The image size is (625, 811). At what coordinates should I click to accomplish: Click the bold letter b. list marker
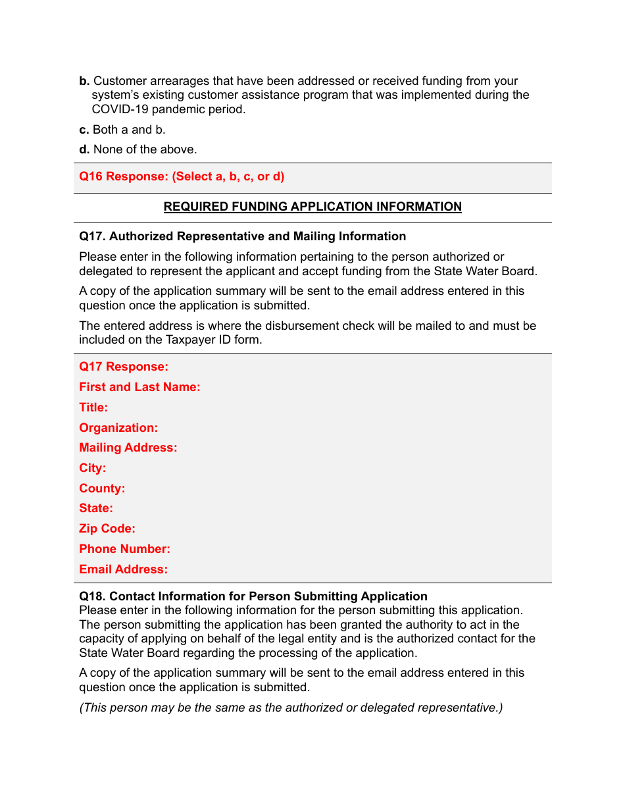coord(84,82)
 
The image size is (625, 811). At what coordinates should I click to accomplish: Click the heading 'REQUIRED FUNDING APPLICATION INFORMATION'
coord(312,207)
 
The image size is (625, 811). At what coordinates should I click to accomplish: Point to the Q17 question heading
coord(242,236)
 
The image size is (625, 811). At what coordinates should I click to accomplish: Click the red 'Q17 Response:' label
coord(124,367)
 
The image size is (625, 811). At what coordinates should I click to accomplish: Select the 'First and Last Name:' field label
coord(139,387)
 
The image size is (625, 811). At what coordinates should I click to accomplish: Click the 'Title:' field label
coord(93,407)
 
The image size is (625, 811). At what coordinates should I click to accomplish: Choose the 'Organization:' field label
coord(118,428)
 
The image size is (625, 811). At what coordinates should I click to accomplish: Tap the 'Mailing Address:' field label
coord(128,448)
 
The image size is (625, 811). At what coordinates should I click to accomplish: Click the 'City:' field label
coord(93,468)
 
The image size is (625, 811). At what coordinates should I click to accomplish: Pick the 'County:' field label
coord(102,488)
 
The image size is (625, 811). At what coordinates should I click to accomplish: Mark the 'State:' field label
coord(96,508)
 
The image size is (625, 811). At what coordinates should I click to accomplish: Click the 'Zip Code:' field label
coord(107,529)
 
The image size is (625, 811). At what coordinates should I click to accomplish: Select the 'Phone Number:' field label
coord(124,549)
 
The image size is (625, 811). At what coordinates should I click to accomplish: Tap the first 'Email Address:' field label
coord(123,569)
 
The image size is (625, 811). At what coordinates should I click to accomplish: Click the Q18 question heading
coord(253,596)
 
